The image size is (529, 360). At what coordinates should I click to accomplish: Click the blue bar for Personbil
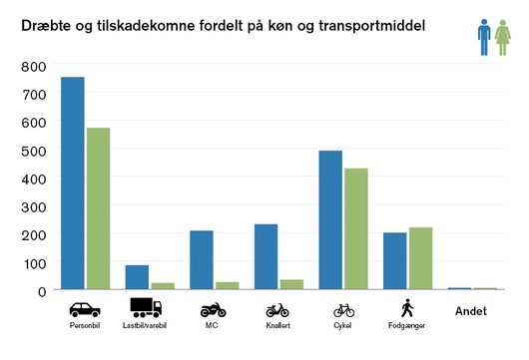[x=73, y=183]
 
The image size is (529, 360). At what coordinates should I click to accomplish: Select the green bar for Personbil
[x=98, y=208]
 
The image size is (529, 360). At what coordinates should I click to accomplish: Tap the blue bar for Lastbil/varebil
[x=137, y=277]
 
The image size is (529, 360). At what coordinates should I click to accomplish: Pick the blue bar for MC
[x=202, y=260]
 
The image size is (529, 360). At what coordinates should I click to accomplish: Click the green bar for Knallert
[x=291, y=284]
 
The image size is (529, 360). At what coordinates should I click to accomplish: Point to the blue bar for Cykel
[x=330, y=219]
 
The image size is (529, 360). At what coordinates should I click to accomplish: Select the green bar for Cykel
[x=356, y=229]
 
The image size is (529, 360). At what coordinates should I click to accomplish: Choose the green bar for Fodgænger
[x=420, y=258]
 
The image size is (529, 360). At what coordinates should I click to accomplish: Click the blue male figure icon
[x=484, y=37]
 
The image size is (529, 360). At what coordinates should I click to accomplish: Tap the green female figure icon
[x=503, y=38]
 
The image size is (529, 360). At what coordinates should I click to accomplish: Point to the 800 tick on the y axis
[x=34, y=67]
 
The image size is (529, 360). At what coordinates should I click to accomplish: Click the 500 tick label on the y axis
[x=34, y=152]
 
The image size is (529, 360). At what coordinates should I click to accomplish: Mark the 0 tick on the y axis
[x=42, y=291]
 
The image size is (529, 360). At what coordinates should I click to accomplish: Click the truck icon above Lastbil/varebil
[x=146, y=307]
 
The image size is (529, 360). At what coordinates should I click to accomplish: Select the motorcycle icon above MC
[x=213, y=310]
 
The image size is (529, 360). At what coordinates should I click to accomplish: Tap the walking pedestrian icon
[x=407, y=308]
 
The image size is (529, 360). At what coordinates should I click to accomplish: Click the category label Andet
[x=471, y=311]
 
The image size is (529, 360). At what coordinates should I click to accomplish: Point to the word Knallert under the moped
[x=278, y=326]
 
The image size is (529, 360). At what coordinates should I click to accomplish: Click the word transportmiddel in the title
[x=371, y=26]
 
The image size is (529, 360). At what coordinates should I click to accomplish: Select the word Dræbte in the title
[x=46, y=26]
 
